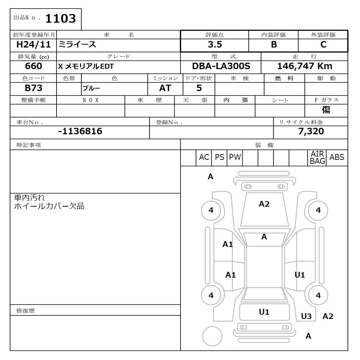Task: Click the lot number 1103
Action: click(60, 19)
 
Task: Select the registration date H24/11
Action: click(32, 45)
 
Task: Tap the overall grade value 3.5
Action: click(215, 45)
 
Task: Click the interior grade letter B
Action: click(274, 45)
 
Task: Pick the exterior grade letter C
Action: click(323, 45)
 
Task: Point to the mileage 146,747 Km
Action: click(305, 66)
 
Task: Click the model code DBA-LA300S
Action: click(221, 66)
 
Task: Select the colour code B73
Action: click(33, 88)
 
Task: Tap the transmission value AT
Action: click(165, 88)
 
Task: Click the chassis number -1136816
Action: click(80, 131)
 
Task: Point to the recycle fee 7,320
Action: click(311, 131)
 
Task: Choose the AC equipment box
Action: click(204, 158)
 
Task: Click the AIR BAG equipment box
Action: click(317, 158)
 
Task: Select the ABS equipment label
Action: click(337, 157)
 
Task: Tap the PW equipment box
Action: click(235, 158)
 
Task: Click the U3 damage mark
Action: click(306, 316)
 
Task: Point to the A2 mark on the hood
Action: click(264, 204)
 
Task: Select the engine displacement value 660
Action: click(33, 66)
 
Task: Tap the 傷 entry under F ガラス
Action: click(326, 110)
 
